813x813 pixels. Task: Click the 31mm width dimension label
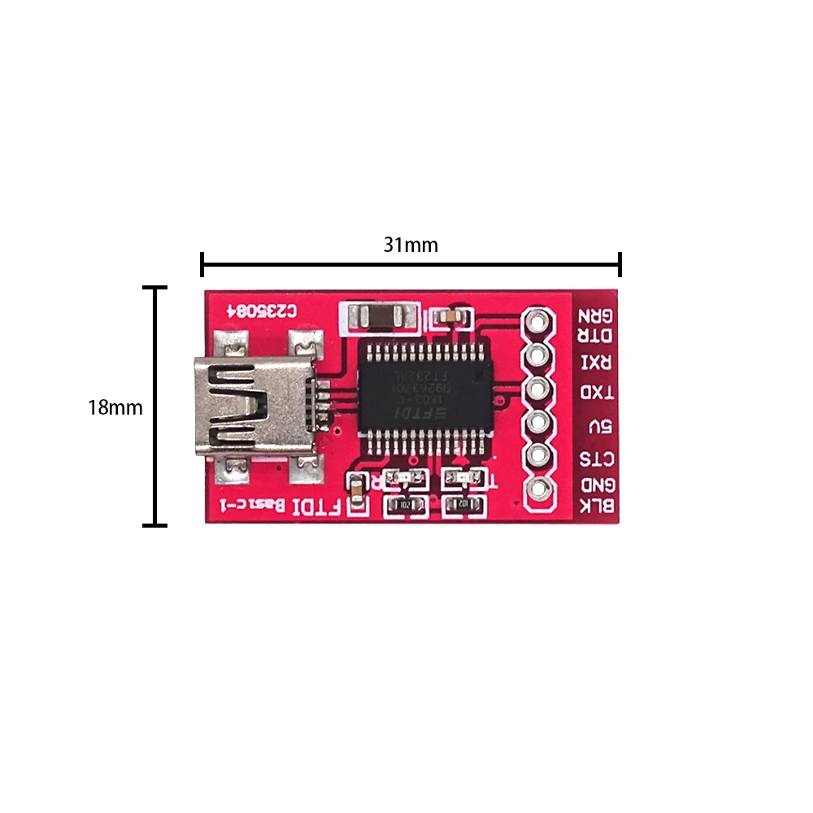411,245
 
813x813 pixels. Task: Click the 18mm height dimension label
115,407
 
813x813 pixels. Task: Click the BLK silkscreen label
596,506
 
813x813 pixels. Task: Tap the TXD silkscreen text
597,393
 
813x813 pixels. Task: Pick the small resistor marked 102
465,505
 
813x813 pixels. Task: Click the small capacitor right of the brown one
450,315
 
